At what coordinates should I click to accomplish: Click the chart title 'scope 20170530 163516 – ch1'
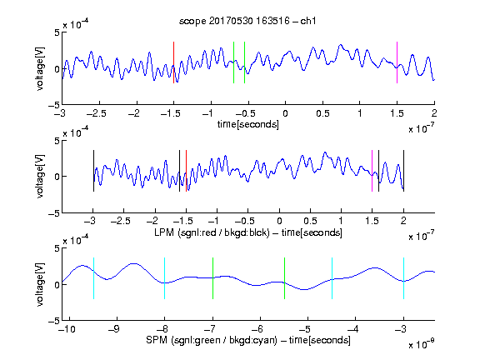coord(247,21)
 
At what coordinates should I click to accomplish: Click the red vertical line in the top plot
coord(173,62)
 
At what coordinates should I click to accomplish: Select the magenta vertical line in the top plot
coord(397,62)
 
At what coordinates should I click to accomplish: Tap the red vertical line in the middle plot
coord(186,171)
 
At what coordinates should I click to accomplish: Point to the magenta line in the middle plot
coord(372,171)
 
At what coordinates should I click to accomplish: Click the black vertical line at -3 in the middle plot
coord(93,171)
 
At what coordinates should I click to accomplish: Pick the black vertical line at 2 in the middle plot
coord(404,171)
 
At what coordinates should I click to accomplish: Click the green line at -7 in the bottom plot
coord(212,278)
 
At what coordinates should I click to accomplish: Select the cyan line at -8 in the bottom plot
coord(165,278)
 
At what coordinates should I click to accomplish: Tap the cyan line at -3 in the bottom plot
coord(404,278)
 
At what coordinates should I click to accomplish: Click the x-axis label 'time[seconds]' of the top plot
coord(248,124)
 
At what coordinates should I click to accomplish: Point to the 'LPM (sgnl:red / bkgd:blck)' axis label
coord(212,232)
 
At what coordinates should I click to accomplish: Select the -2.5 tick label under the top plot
coord(97,113)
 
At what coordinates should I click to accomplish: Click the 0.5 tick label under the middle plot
coord(310,221)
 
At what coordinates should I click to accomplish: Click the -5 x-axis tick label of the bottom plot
coord(305,329)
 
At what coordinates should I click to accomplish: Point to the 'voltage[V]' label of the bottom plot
coord(40,284)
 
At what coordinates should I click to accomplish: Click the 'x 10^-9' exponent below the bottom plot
coord(422,344)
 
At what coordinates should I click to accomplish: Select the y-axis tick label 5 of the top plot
coord(57,32)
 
